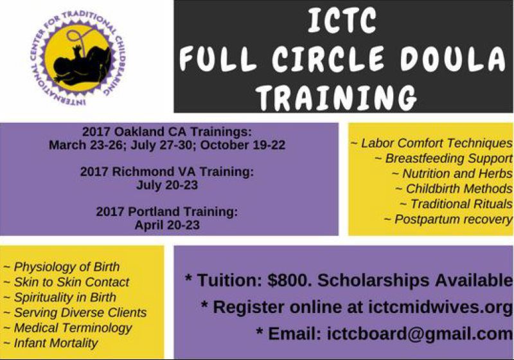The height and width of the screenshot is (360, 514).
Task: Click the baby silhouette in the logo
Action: (x=76, y=61)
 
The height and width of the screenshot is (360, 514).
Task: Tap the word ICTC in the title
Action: (x=341, y=22)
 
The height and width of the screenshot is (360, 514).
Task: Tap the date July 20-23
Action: (x=167, y=185)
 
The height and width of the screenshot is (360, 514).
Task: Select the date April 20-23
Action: (x=167, y=225)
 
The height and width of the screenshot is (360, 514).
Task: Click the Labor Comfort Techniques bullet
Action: (x=432, y=143)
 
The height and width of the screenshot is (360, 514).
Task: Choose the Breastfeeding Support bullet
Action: (x=444, y=158)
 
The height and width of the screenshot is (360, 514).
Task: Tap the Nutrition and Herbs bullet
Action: (x=452, y=174)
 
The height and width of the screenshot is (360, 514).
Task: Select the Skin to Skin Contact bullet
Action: (x=67, y=282)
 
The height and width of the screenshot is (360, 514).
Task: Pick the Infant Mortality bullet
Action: (x=51, y=343)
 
